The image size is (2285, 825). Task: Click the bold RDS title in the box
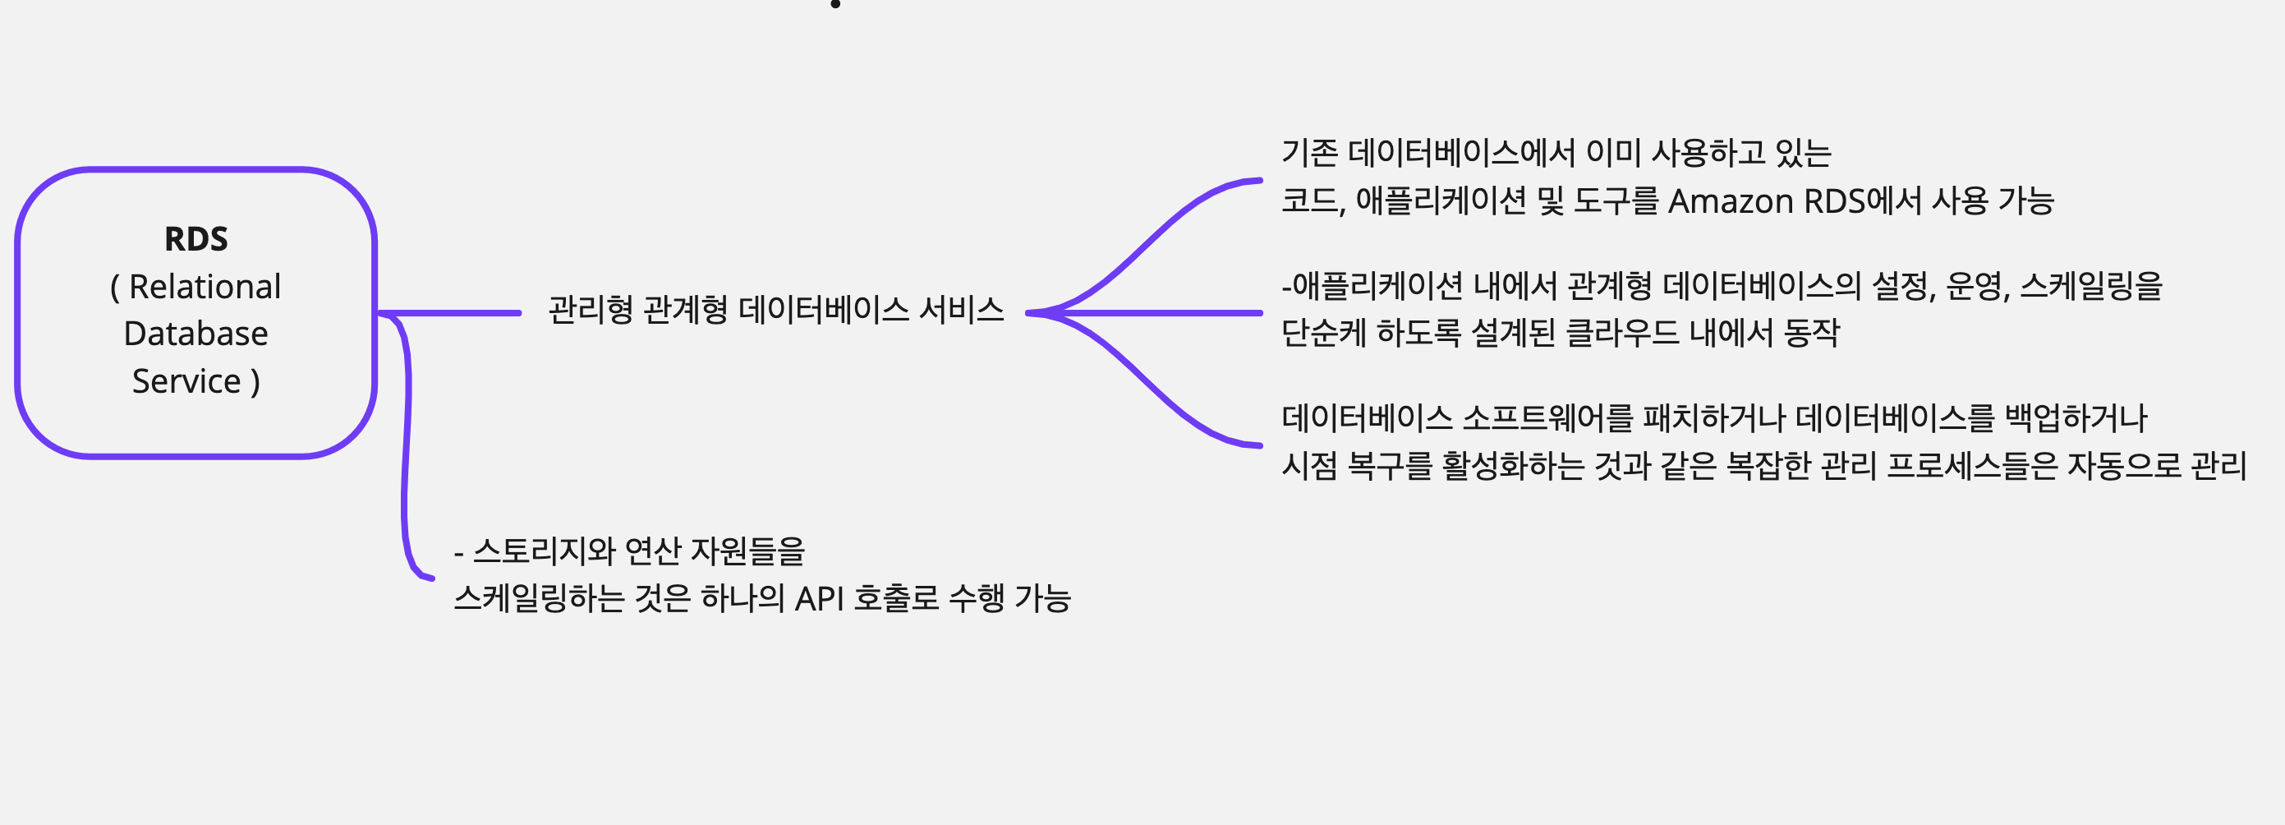point(196,239)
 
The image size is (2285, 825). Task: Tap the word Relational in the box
point(205,287)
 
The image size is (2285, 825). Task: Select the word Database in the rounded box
point(196,334)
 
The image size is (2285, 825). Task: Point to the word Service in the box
point(186,381)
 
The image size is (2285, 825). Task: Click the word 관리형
point(591,310)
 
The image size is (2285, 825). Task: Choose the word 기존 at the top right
point(1309,153)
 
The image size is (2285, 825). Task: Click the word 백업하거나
point(2076,417)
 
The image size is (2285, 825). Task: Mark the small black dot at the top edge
point(834,3)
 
